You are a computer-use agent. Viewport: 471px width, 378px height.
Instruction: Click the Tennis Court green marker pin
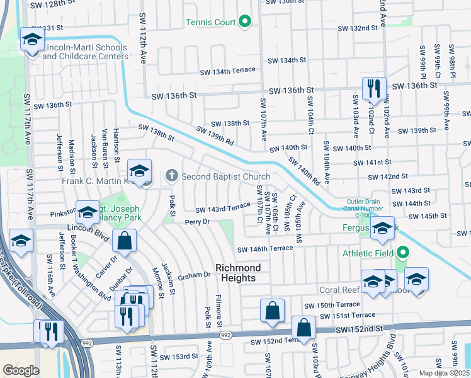(246, 23)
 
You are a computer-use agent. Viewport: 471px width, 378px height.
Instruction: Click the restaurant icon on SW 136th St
(373, 88)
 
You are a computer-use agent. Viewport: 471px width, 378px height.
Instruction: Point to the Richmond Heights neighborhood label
(235, 273)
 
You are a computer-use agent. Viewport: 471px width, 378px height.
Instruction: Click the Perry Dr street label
(197, 222)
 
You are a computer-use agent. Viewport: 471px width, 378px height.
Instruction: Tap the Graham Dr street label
(193, 275)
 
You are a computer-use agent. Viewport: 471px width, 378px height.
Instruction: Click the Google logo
(21, 370)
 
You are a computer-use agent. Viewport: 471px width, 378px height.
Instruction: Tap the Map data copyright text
(443, 373)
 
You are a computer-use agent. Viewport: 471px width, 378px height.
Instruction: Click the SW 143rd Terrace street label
(222, 208)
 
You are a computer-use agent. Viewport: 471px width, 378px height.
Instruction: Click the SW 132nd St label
(357, 28)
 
